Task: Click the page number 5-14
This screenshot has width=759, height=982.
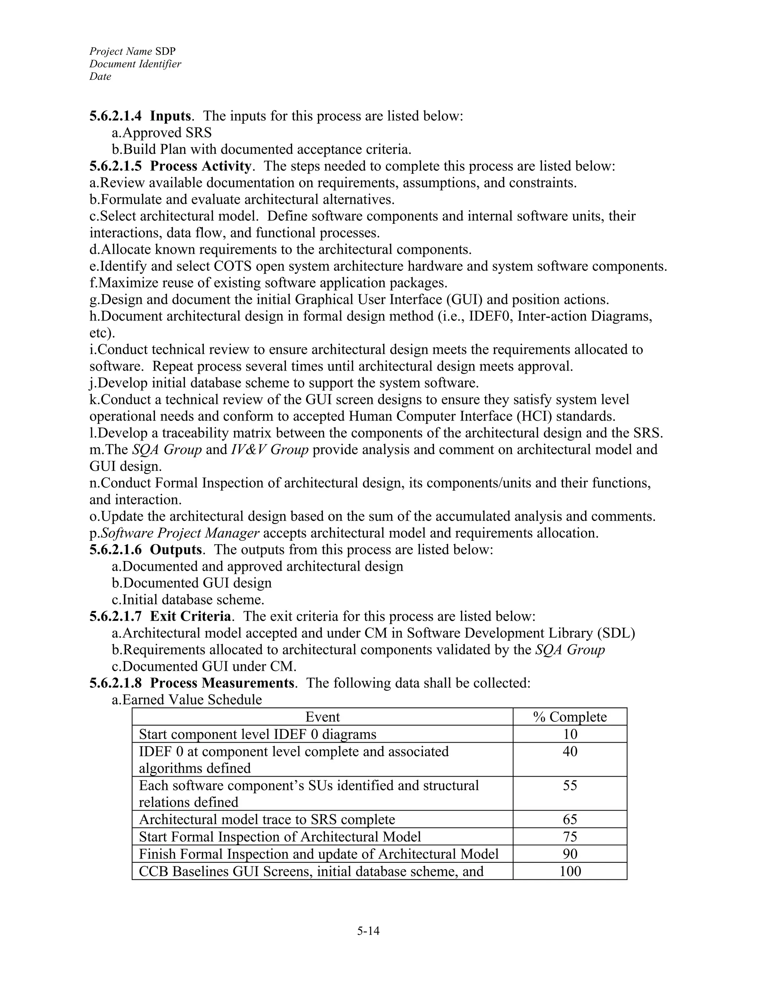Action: click(368, 931)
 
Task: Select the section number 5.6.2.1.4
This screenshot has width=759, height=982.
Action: click(115, 116)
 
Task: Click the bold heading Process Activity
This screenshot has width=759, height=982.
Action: click(200, 166)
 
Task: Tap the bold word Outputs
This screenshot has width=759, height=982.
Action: click(175, 550)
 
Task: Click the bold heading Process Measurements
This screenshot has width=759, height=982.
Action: click(222, 683)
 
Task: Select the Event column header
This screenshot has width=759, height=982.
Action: click(322, 717)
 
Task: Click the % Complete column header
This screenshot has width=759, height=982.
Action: click(570, 717)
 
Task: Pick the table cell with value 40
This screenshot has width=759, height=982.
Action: click(570, 752)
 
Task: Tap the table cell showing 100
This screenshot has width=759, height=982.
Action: click(570, 872)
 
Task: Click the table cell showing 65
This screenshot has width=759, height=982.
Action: click(570, 819)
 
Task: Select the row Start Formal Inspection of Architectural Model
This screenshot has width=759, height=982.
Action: click(280, 837)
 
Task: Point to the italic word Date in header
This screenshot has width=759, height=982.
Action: click(100, 76)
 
